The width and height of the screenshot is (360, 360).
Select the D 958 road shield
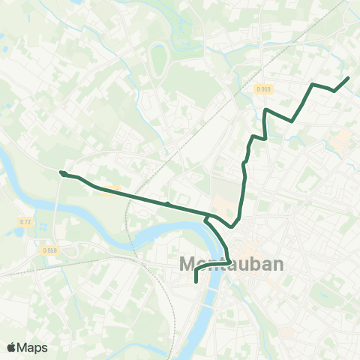pyautogui.click(x=49, y=250)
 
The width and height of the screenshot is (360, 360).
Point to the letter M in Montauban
pyautogui.click(x=189, y=264)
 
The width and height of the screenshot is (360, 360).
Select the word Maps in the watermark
pyautogui.click(x=32, y=346)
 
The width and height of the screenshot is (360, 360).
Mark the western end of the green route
pyautogui.click(x=61, y=172)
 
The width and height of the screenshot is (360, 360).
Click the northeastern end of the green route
pyautogui.click(x=348, y=78)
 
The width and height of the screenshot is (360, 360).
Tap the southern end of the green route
pyautogui.click(x=196, y=282)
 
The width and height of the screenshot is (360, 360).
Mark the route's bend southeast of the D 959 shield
pyautogui.click(x=292, y=120)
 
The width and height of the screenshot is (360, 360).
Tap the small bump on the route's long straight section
pyautogui.click(x=167, y=203)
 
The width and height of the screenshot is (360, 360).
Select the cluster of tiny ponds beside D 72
pyautogui.click(x=16, y=232)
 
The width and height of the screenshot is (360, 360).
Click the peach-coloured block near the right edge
pyautogui.click(x=343, y=139)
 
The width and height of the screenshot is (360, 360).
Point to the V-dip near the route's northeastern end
pyautogui.click(x=334, y=91)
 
